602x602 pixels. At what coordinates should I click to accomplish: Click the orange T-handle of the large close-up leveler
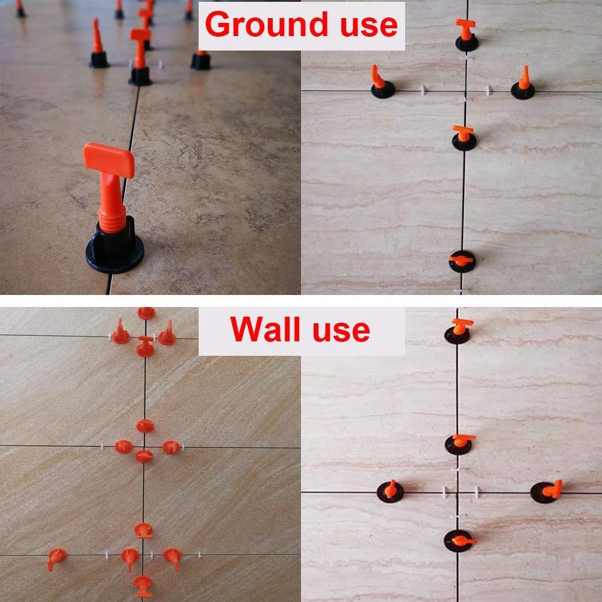pos(108,158)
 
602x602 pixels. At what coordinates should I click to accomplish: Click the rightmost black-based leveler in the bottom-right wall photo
pos(545,491)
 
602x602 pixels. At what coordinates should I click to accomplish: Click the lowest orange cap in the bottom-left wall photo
pos(143,582)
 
